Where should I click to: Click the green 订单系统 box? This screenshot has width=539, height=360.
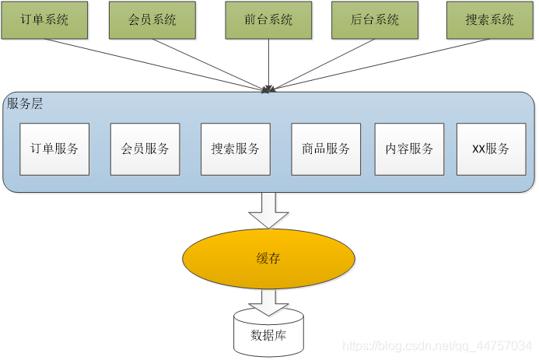[x=45, y=20]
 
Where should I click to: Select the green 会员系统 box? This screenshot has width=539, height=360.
[x=152, y=20]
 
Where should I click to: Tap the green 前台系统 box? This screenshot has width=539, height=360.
[x=269, y=20]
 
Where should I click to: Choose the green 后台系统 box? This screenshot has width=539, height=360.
[x=375, y=20]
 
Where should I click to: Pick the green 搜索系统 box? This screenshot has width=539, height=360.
[x=490, y=20]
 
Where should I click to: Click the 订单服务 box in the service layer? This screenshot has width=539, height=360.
[x=54, y=149]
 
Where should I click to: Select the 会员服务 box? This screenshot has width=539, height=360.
[x=145, y=149]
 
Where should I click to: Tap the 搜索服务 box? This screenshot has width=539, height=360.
[x=235, y=149]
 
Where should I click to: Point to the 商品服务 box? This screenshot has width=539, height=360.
[x=326, y=149]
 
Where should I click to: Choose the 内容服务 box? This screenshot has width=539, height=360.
[x=409, y=149]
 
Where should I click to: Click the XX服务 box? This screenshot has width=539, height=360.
[x=491, y=149]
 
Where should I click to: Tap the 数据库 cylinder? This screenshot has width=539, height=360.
[x=268, y=334]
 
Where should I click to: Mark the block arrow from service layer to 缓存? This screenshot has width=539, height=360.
[x=268, y=210]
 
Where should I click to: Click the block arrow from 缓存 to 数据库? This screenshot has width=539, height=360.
[x=268, y=302]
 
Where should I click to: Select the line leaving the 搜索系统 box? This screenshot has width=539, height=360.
[x=389, y=62]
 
